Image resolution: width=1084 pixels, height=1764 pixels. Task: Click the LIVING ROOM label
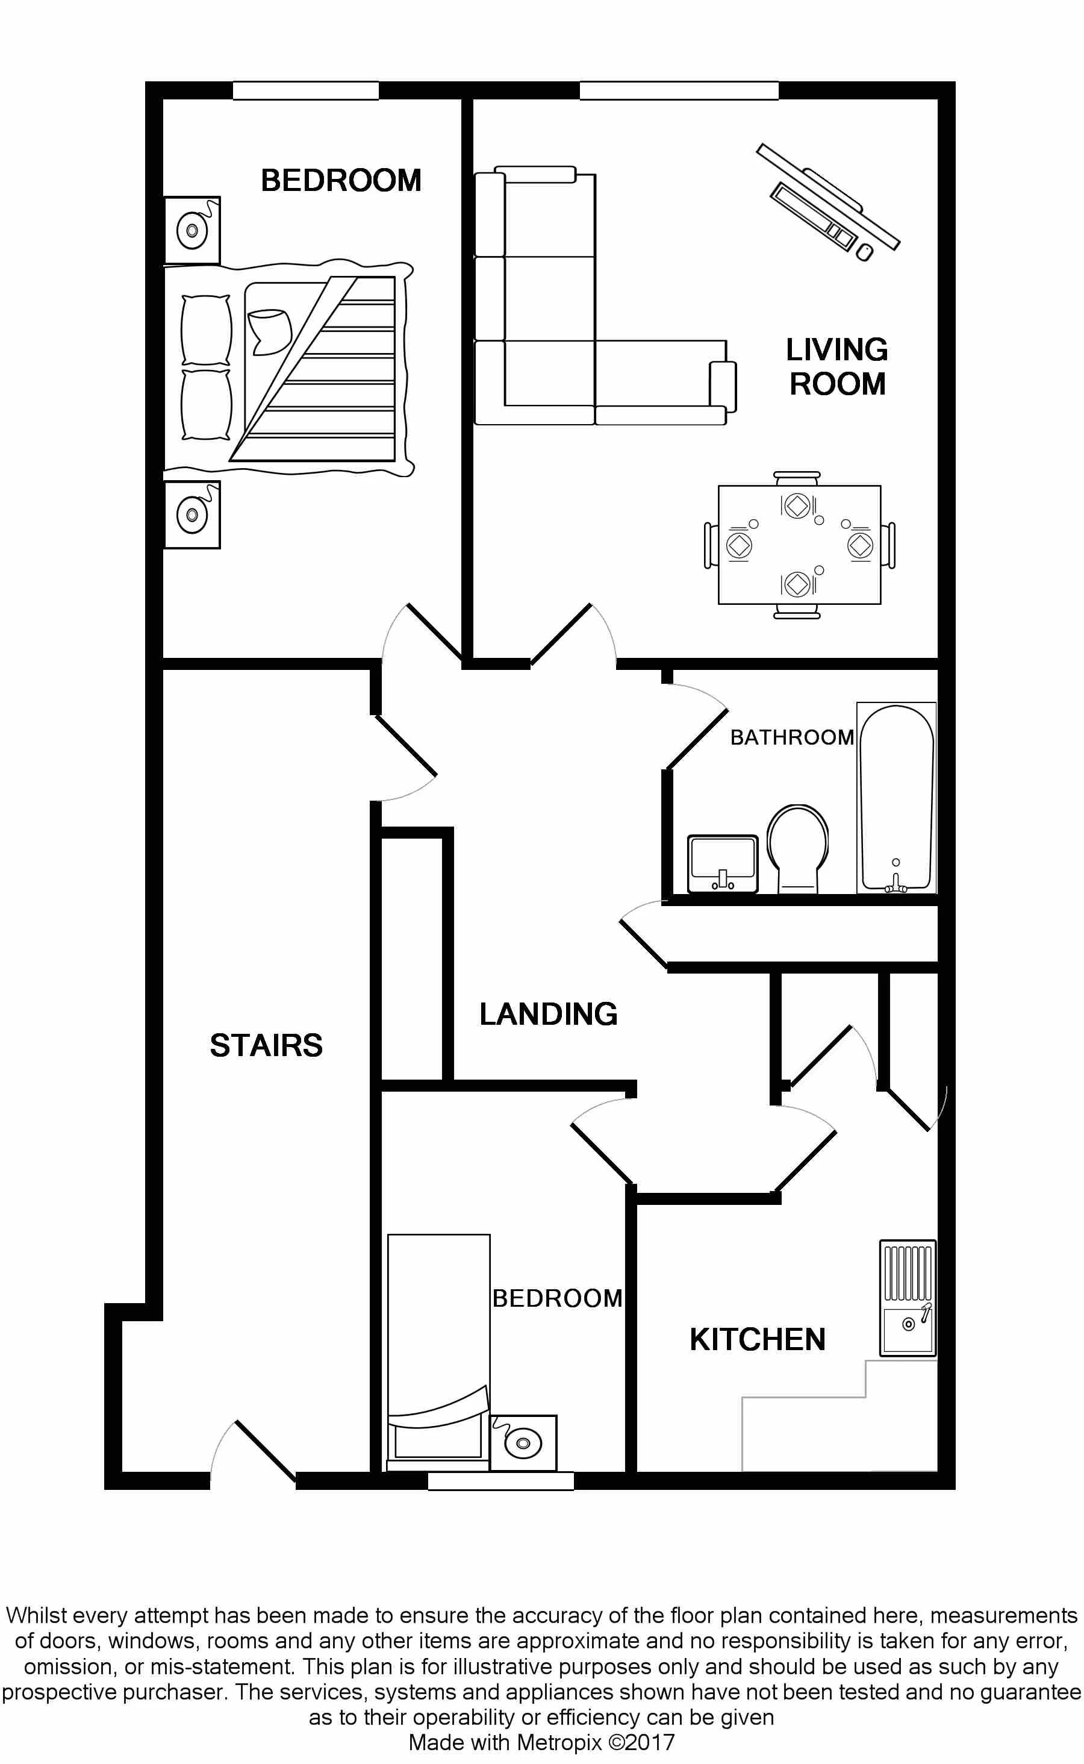pos(836,366)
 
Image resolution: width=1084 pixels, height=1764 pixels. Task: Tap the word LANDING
pos(549,1014)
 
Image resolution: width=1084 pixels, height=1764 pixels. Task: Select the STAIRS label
pos(266,1045)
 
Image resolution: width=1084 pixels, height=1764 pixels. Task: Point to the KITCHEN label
pos(758,1339)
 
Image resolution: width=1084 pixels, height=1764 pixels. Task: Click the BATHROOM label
pos(792,737)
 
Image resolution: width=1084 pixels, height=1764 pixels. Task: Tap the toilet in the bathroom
pos(798,848)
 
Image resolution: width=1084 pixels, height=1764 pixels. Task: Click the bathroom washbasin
pos(723,864)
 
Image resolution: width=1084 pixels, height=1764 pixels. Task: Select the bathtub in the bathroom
pos(897,798)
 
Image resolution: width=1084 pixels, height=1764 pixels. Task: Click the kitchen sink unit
pos(908,1298)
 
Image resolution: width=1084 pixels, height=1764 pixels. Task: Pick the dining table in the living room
pos(799,545)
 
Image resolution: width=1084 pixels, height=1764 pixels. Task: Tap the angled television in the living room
pos(828,200)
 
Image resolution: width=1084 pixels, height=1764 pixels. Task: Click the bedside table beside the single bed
pos(524,1443)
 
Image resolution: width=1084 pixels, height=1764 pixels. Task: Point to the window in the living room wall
pos(679,90)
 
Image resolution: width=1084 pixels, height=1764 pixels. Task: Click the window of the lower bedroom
pos(501,1481)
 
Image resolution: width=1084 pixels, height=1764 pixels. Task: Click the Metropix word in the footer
pos(559,1742)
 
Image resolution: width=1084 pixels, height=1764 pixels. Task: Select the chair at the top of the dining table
pos(797,478)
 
